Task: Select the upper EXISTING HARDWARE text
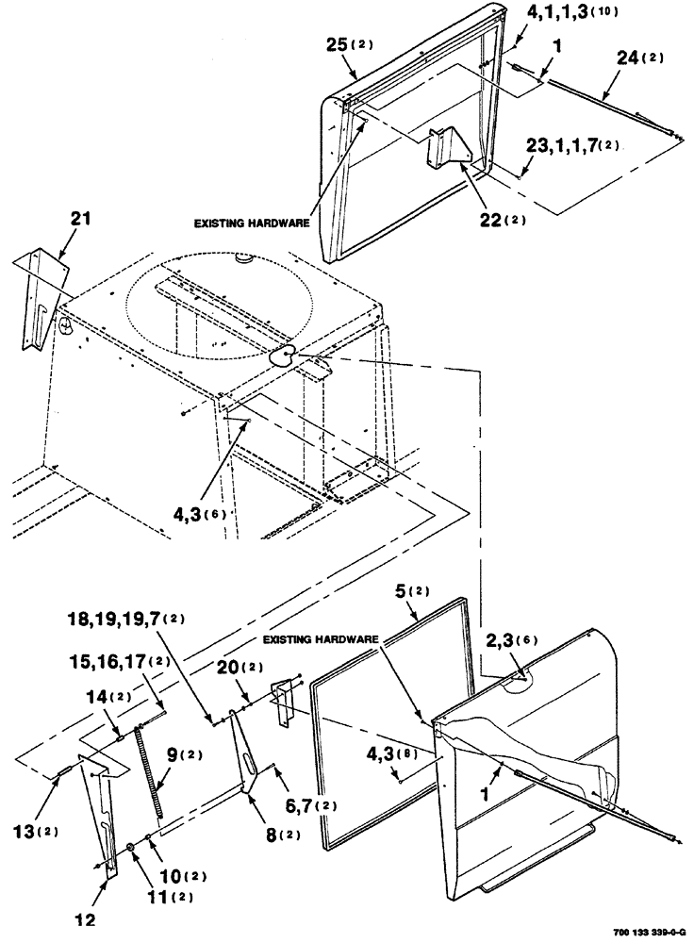(x=252, y=224)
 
